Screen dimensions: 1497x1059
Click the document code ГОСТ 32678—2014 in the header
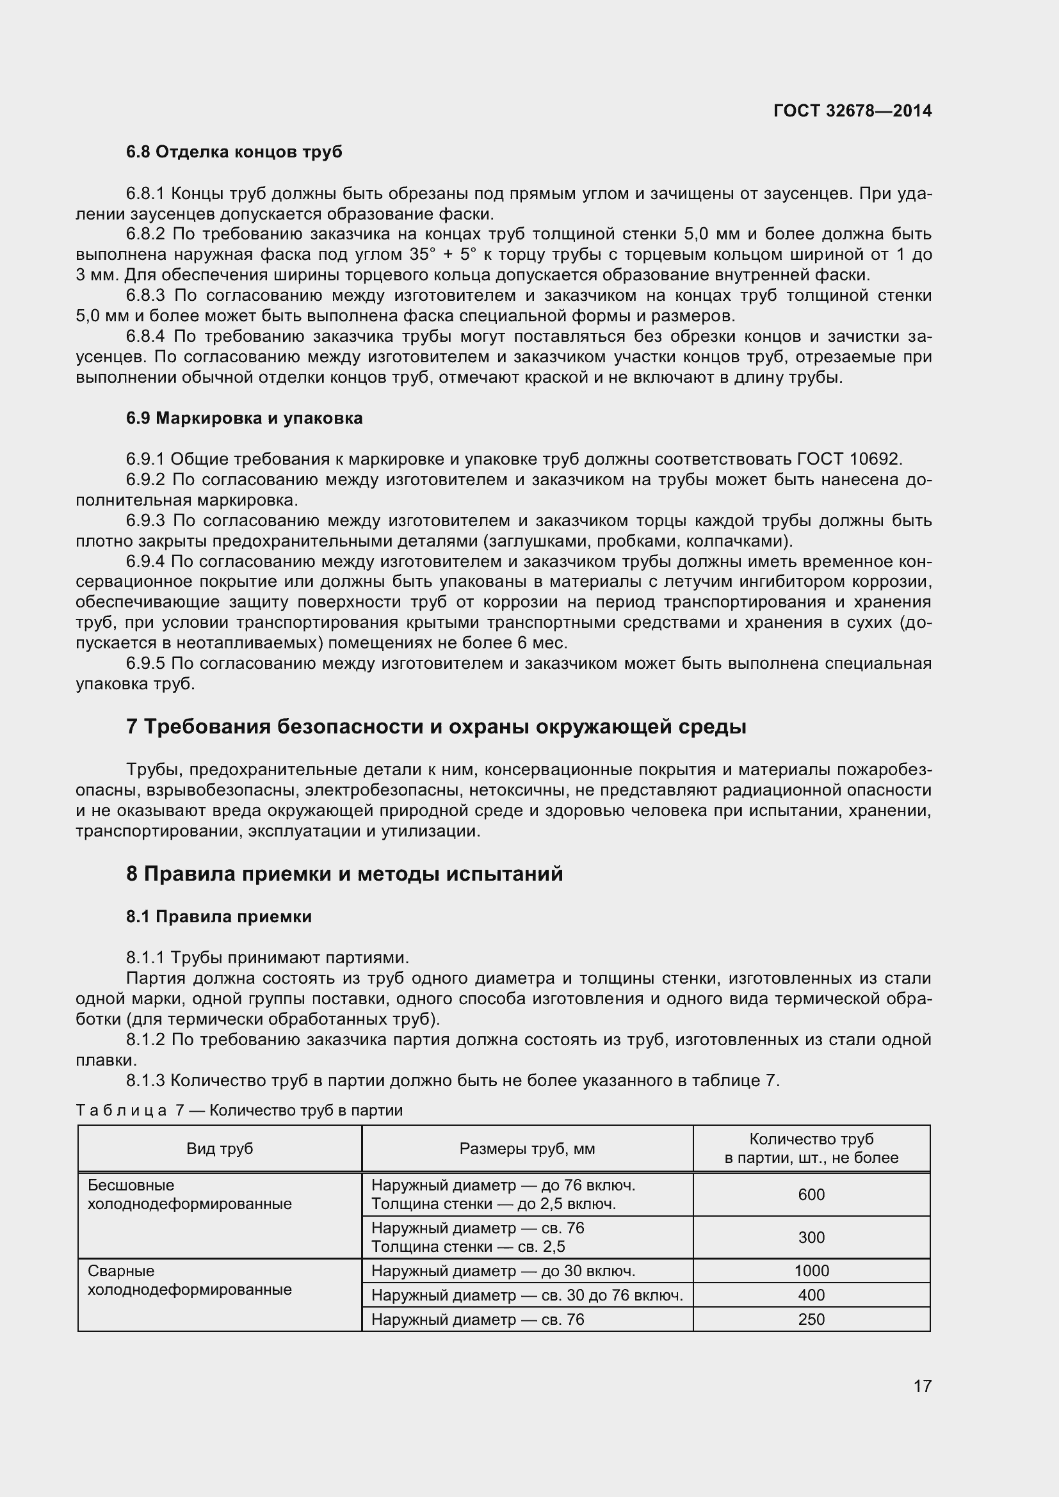pyautogui.click(x=852, y=111)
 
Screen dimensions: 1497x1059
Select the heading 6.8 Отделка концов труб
pyautogui.click(x=234, y=152)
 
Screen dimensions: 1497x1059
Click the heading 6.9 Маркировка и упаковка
pyautogui.click(x=244, y=418)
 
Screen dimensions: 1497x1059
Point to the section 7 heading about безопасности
pyautogui.click(x=435, y=726)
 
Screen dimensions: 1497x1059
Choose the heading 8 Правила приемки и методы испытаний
pyautogui.click(x=344, y=873)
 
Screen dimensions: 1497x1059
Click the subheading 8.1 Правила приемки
pyautogui.click(x=218, y=917)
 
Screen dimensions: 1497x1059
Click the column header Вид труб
pyautogui.click(x=219, y=1148)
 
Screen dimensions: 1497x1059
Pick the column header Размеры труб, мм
pyautogui.click(x=527, y=1148)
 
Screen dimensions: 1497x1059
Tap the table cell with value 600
pyautogui.click(x=811, y=1194)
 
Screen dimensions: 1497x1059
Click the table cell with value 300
pyautogui.click(x=811, y=1238)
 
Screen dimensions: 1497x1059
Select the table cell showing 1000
pyautogui.click(x=811, y=1271)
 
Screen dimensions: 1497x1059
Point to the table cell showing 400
pyautogui.click(x=811, y=1295)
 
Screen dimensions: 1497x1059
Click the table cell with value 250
pyautogui.click(x=811, y=1319)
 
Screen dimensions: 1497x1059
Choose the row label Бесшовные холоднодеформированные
pyautogui.click(x=189, y=1194)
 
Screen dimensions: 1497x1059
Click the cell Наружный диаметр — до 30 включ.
pyautogui.click(x=503, y=1271)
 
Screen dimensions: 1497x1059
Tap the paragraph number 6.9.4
pyautogui.click(x=147, y=561)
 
